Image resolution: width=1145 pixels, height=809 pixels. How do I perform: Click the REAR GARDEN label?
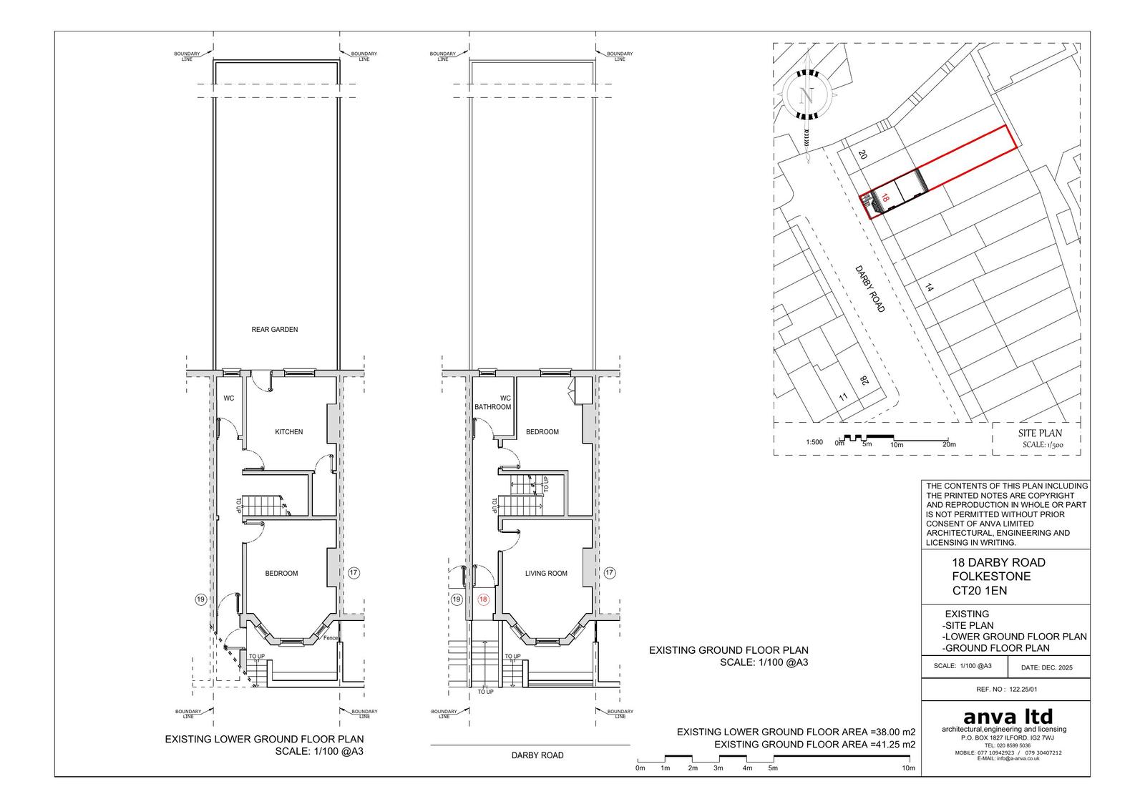coord(275,330)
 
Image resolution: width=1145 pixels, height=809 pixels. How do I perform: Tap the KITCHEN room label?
coord(289,432)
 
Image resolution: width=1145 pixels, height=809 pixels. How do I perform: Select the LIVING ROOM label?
coord(546,574)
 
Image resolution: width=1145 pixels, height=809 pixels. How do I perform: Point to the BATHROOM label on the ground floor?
coord(493,407)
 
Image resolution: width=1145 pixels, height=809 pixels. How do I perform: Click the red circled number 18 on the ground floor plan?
coord(483,599)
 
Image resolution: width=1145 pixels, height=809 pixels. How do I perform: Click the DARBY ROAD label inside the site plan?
coord(870,289)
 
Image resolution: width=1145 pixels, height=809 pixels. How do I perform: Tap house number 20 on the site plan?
coord(862,155)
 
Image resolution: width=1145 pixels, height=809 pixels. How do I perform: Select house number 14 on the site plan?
coord(929,288)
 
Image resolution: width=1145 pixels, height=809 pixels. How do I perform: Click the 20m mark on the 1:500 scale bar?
coord(949,445)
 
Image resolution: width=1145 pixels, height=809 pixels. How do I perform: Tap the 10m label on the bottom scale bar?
coord(908,768)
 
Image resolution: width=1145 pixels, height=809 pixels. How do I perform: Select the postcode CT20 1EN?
coord(979,591)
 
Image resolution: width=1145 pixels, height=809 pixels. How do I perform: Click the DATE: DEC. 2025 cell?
coord(1047,667)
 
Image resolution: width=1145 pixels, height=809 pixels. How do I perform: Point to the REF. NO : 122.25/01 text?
coord(1006,690)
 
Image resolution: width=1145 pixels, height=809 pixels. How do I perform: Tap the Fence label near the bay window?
coord(331,638)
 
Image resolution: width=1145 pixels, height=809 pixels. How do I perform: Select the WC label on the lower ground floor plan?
coord(228,398)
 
